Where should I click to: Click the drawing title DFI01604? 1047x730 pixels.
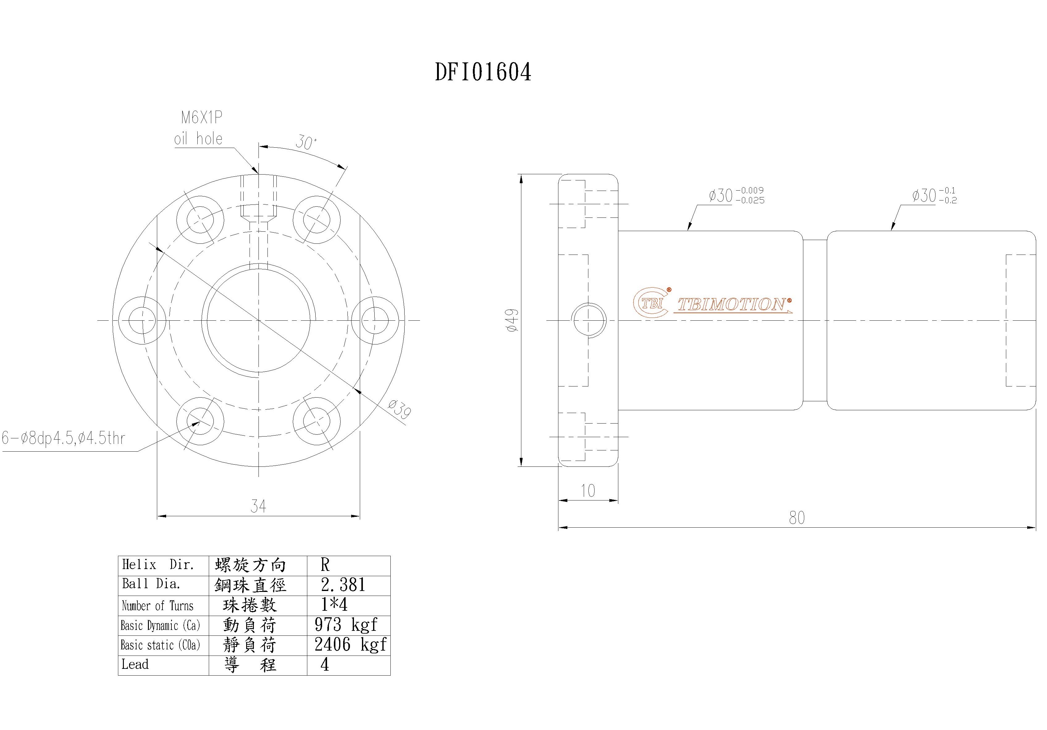pos(483,72)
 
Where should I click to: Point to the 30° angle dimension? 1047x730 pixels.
pos(305,142)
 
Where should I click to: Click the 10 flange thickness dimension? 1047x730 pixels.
pos(588,491)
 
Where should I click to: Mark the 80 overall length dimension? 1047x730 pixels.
pos(797,518)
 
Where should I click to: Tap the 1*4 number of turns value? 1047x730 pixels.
pos(334,605)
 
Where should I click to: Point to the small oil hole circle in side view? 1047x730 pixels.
pos(589,320)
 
